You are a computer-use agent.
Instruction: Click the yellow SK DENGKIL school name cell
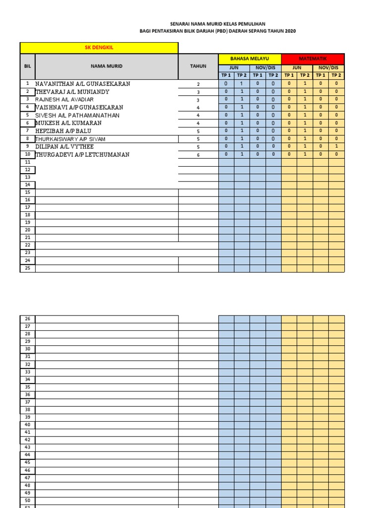99,48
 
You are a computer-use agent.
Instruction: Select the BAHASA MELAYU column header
250,59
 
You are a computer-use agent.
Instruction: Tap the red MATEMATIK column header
313,59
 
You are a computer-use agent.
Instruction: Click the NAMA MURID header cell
106,66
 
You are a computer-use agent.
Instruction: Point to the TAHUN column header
198,66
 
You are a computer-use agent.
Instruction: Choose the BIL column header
27,66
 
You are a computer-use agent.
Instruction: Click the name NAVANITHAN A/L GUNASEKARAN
83,84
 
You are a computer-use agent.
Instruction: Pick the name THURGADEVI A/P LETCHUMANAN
82,155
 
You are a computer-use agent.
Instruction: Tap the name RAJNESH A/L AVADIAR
64,100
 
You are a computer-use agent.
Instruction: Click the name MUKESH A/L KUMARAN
68,123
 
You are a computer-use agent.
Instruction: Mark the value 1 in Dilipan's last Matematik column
336,147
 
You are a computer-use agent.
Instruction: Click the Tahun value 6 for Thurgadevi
198,155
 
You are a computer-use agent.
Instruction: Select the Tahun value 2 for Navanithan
198,84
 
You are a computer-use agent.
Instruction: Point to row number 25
27,268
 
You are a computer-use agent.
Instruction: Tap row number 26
27,319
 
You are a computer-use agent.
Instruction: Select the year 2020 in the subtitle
290,31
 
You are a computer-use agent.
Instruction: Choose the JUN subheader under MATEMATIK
297,67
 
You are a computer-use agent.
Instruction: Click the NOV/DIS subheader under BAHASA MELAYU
265,67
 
